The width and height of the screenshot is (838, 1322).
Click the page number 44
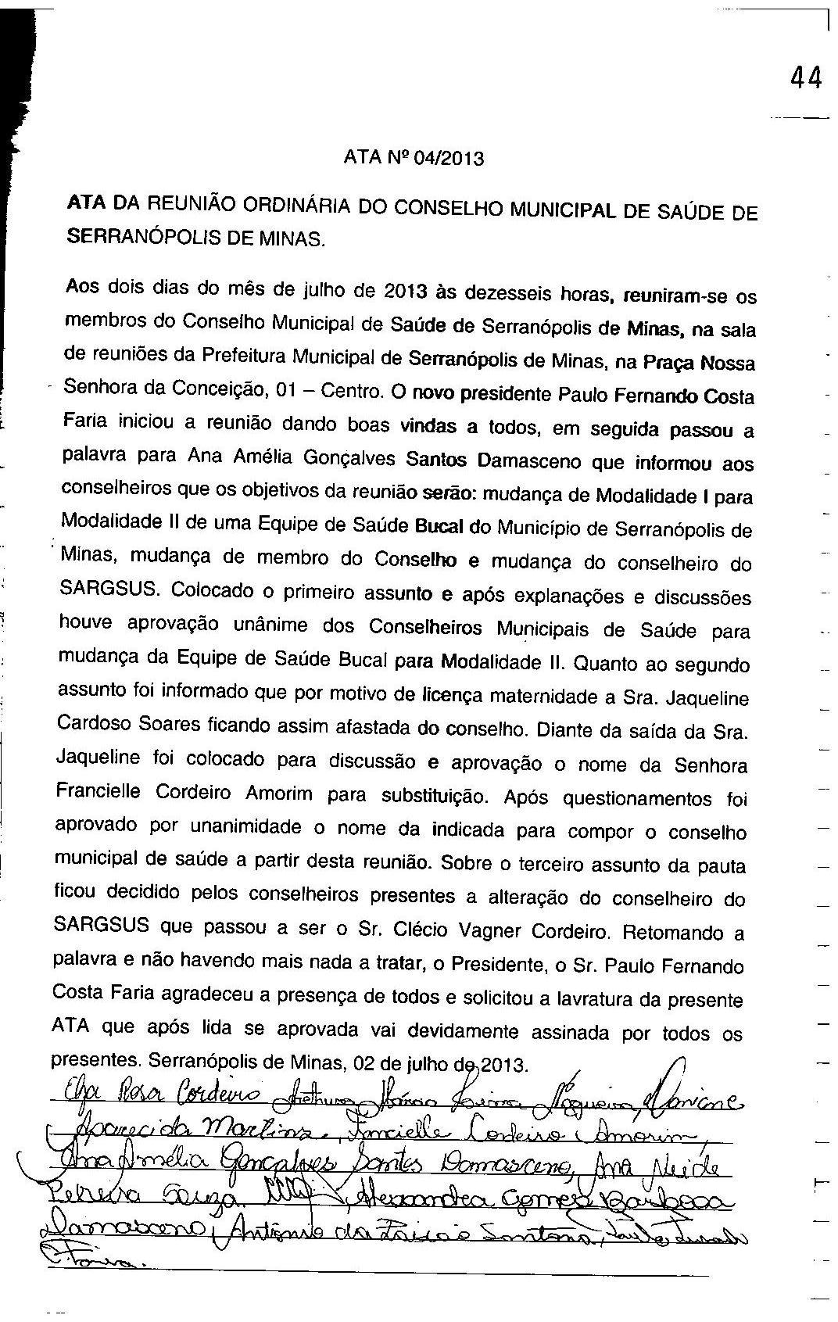point(806,77)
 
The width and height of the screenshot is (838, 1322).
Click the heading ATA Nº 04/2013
point(414,159)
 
